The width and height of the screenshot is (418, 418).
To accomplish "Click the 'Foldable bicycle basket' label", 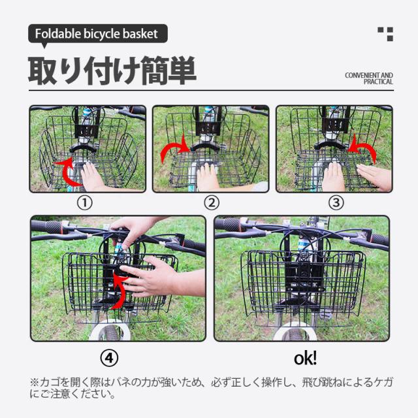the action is coord(96,34).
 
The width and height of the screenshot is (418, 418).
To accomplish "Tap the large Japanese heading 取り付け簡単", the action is coord(112,71).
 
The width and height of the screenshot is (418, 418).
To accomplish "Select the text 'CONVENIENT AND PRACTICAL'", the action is coord(369,78).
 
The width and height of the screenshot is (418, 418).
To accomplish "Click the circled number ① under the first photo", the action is coord(85,203).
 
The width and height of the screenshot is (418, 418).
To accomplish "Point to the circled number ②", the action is coord(212,203).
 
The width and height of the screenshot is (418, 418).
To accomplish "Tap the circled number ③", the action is coord(336,203).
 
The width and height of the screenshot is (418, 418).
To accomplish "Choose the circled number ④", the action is coord(109,358).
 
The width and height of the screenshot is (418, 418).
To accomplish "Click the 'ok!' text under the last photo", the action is coord(305,358).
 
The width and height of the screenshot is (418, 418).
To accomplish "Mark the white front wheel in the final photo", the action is coord(295,331).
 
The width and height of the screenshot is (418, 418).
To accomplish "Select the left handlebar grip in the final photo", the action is coord(228,225).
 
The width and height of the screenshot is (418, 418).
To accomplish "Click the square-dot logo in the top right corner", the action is coord(385,34).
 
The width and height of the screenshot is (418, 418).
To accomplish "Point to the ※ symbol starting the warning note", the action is coord(34,382).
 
